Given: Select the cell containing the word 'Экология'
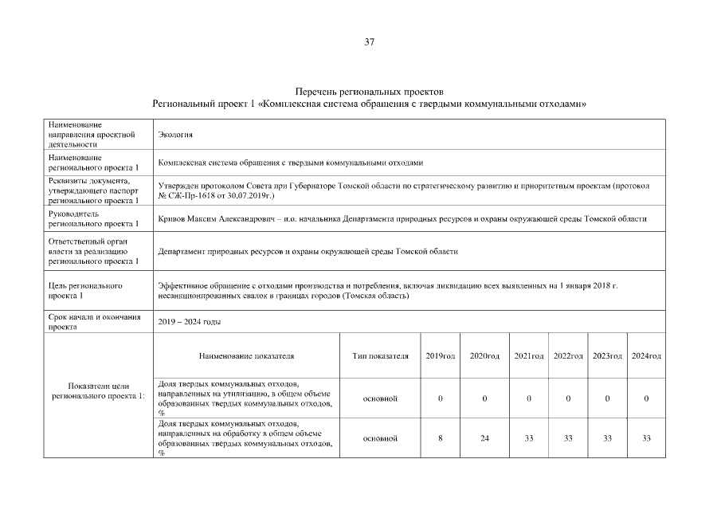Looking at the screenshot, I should click(176, 134).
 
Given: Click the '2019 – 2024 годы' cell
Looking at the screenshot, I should click(190, 322).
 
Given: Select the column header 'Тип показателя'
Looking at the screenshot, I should click(380, 355).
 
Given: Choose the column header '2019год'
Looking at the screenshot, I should click(441, 355).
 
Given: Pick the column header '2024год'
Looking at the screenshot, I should click(646, 355).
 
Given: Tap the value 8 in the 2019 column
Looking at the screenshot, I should click(441, 438).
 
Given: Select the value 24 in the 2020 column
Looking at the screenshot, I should click(484, 438).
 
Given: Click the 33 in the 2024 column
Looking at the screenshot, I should click(646, 438).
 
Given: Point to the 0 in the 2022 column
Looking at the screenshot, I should click(567, 398).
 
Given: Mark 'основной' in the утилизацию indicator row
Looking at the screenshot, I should click(380, 398).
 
